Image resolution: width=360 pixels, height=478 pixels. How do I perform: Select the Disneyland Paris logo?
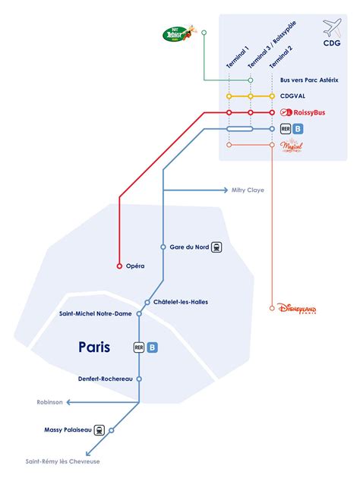(x=298, y=309)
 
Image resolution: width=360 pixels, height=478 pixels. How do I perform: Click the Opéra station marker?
(x=118, y=266)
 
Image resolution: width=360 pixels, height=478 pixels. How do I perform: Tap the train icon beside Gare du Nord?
(x=217, y=247)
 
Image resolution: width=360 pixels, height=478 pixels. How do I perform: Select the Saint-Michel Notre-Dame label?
(x=95, y=313)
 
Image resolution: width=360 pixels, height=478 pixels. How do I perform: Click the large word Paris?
(x=94, y=347)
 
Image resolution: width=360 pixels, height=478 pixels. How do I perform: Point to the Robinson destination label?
(x=49, y=402)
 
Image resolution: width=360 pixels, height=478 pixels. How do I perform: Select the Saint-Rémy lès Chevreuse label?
(x=62, y=461)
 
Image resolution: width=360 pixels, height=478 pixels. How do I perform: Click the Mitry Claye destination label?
(x=248, y=190)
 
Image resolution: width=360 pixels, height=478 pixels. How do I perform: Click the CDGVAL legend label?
(x=295, y=96)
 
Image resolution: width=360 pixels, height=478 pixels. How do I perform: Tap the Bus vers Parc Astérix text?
(x=308, y=80)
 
